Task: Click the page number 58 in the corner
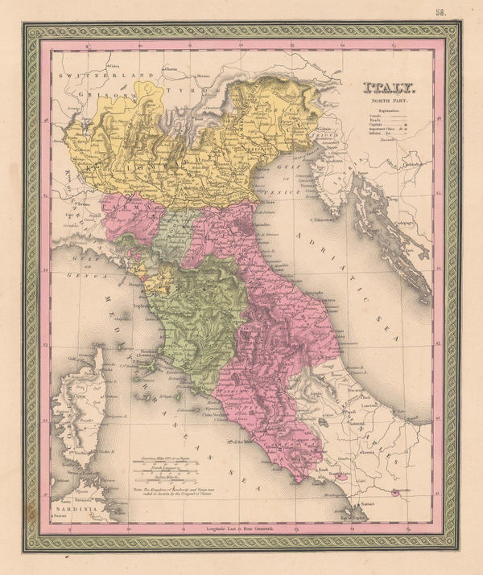click(x=464, y=10)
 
